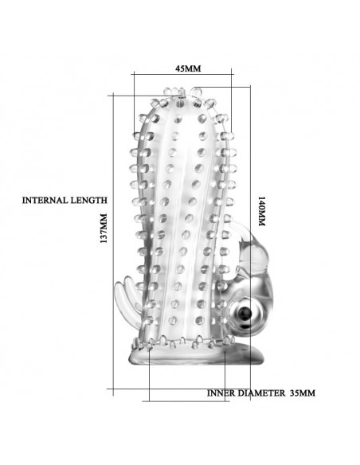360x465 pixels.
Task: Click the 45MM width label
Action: click(x=188, y=68)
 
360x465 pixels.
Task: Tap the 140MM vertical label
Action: click(x=261, y=211)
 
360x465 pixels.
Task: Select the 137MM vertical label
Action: click(x=104, y=229)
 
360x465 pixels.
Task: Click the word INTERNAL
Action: click(x=41, y=200)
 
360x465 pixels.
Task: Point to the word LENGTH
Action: click(x=84, y=200)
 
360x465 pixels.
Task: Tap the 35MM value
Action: click(x=303, y=393)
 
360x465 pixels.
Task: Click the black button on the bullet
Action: click(x=245, y=313)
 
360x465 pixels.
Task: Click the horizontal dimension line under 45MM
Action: click(x=182, y=74)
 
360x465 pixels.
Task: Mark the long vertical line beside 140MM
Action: click(x=250, y=243)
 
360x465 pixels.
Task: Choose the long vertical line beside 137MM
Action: click(x=113, y=244)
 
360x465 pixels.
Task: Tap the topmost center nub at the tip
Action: click(x=180, y=92)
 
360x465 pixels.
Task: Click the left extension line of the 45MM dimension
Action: click(x=135, y=102)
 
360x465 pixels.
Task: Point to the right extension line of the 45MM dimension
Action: click(x=232, y=101)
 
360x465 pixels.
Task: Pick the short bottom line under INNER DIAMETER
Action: click(x=186, y=401)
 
